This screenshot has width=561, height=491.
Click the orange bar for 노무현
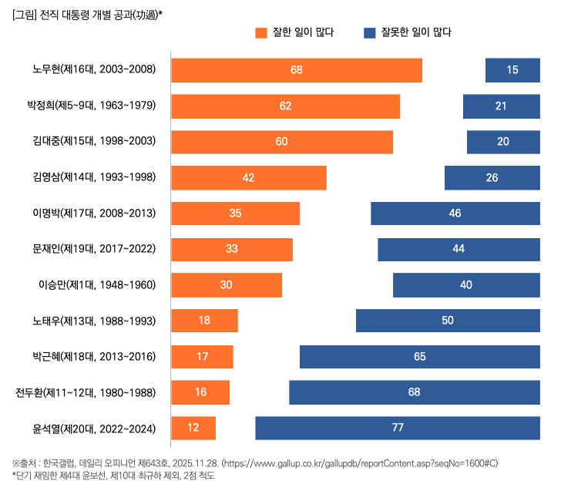[x=296, y=70]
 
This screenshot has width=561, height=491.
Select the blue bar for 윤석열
[x=398, y=428]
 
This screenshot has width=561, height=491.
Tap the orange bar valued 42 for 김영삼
[x=248, y=177]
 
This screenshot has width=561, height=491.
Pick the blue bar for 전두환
[x=415, y=392]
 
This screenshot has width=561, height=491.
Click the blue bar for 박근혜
[x=420, y=356]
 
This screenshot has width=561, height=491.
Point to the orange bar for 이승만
[x=226, y=284]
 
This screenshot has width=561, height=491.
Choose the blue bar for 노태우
[x=448, y=321]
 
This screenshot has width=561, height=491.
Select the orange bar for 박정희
[x=285, y=106]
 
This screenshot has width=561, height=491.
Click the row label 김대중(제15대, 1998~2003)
[x=94, y=141]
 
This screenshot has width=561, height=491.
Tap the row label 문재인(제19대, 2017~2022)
[x=94, y=248]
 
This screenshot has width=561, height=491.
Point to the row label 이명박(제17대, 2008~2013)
[x=94, y=213]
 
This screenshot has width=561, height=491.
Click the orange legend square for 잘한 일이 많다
[x=260, y=32]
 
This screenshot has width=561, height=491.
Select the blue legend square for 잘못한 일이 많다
[x=370, y=32]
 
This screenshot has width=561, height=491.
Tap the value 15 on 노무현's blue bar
[x=512, y=70]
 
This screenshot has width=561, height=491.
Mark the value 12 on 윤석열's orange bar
[x=193, y=428]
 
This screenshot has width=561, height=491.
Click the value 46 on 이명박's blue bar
[x=455, y=213]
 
